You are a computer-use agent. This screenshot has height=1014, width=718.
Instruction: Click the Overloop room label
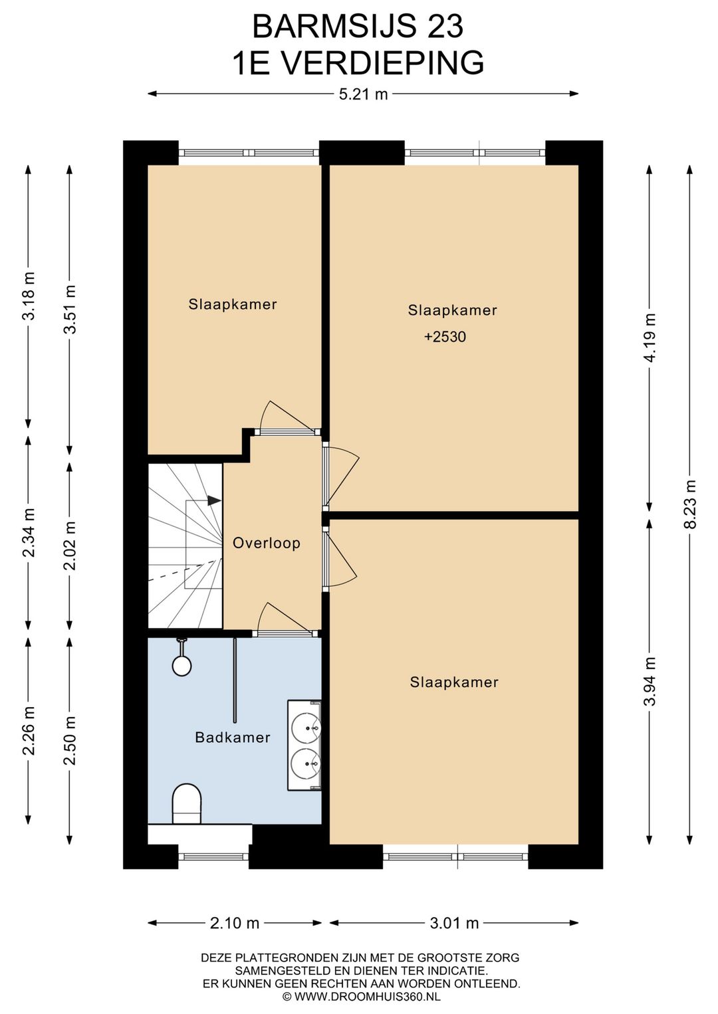(x=266, y=543)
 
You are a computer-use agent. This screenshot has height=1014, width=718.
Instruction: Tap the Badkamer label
(x=233, y=737)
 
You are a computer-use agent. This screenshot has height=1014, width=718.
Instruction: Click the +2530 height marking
(x=445, y=337)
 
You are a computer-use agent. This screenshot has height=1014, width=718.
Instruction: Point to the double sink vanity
(x=304, y=745)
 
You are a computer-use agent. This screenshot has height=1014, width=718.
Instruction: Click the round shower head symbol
(x=181, y=664)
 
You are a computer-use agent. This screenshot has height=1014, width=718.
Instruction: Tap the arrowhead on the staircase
(x=214, y=500)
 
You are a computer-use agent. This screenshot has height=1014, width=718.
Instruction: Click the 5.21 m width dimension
(x=363, y=94)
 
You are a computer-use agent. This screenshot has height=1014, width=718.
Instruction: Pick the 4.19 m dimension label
(x=650, y=338)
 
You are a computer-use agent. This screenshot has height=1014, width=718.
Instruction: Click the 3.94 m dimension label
(x=650, y=681)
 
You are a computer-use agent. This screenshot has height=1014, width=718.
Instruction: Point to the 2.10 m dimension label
(x=234, y=923)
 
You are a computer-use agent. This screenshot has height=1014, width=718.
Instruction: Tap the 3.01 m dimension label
(x=454, y=923)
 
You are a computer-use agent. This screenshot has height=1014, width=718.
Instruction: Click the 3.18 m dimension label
(x=29, y=296)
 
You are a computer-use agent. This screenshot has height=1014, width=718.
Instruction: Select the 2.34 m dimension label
(x=29, y=533)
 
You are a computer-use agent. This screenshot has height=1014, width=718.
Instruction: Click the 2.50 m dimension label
(x=70, y=740)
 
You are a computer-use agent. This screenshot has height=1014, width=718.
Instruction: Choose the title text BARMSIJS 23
(x=358, y=27)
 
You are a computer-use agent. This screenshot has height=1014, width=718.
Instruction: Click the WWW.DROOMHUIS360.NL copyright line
(x=361, y=997)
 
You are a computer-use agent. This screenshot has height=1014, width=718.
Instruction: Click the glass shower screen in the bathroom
(x=235, y=680)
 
